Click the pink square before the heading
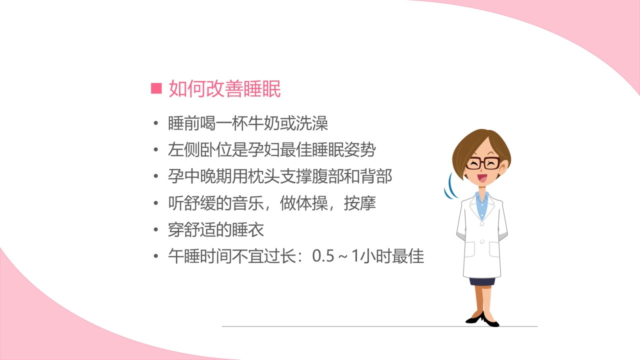[x=156, y=88]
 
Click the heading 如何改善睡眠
[x=224, y=88]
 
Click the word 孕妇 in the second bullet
[x=280, y=150]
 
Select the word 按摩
[x=360, y=203]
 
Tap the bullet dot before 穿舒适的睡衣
[x=156, y=230]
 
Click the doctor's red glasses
[x=482, y=163]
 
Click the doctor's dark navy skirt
[x=482, y=281]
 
